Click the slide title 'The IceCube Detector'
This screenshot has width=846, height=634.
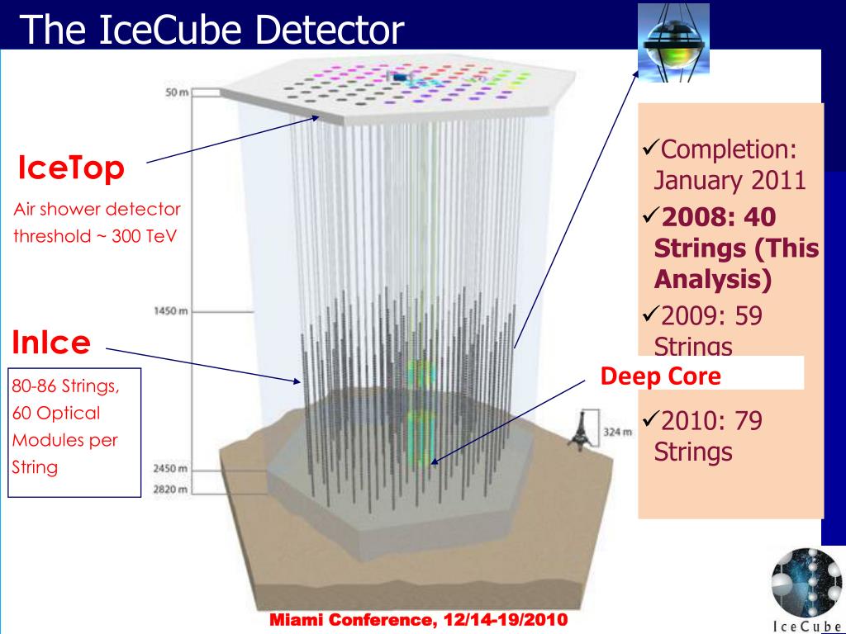tap(212, 29)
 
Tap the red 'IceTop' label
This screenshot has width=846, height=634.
tap(71, 167)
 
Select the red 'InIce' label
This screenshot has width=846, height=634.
tap(51, 342)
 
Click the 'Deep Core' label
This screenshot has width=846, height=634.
tap(660, 376)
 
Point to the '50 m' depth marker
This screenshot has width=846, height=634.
tap(177, 92)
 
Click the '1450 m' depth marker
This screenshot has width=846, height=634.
tap(171, 311)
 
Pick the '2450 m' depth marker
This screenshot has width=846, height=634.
tap(170, 469)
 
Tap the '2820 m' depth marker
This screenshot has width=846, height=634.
tap(170, 489)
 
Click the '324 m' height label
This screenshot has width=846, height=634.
tap(617, 431)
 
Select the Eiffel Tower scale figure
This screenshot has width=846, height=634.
tap(581, 431)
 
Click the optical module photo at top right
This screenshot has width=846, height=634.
tap(673, 43)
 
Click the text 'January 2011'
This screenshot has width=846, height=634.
tap(730, 180)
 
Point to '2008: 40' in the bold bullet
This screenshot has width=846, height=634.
tap(718, 217)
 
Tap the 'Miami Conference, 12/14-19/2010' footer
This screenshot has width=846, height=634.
tap(418, 619)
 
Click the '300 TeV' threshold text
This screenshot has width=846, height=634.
tap(144, 236)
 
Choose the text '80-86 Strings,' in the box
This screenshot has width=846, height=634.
tap(65, 386)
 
